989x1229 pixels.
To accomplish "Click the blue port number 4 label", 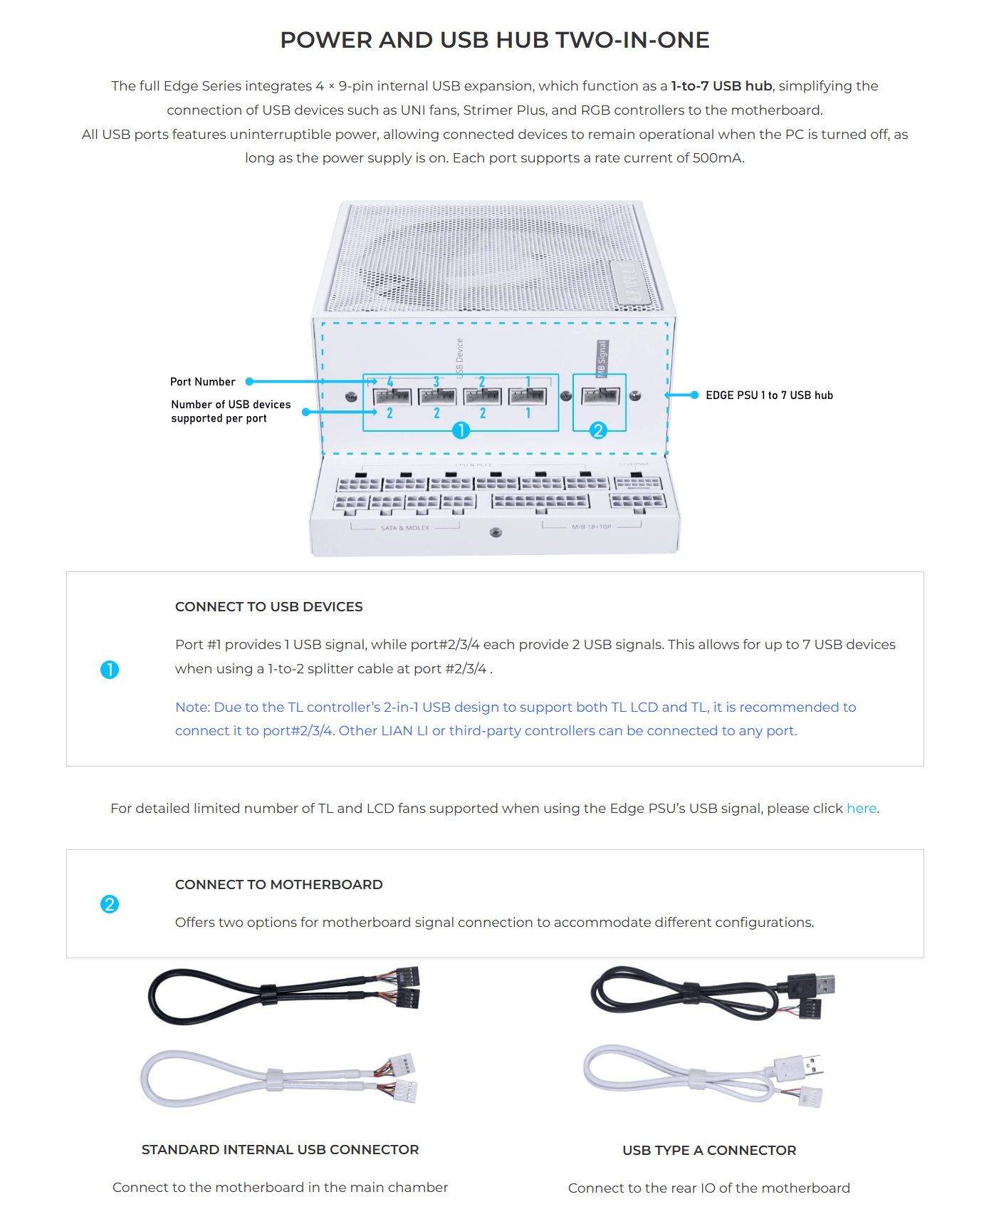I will pyautogui.click(x=390, y=383).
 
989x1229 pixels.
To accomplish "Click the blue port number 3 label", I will pyautogui.click(x=436, y=383).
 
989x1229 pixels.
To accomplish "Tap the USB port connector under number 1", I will pyautogui.click(x=528, y=396).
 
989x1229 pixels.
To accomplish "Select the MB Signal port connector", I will pyautogui.click(x=600, y=395).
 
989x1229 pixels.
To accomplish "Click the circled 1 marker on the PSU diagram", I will pyautogui.click(x=461, y=430).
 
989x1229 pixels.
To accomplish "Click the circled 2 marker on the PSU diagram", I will pyautogui.click(x=598, y=430).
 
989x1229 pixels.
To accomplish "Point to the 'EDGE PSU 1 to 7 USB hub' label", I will pyautogui.click(x=769, y=395).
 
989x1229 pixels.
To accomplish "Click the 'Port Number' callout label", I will pyautogui.click(x=203, y=382).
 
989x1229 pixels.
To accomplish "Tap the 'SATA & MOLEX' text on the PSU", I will pyautogui.click(x=405, y=528).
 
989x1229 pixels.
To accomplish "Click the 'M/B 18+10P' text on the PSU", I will pyautogui.click(x=591, y=527).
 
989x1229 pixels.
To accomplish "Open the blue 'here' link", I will pyautogui.click(x=861, y=808).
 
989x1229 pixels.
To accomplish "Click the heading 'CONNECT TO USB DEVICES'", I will pyautogui.click(x=268, y=606).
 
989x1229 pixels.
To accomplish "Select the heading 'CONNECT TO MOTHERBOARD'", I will pyautogui.click(x=278, y=884).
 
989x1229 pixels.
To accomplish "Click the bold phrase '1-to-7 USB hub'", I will pyautogui.click(x=721, y=85).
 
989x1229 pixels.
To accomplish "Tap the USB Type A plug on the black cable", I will pyautogui.click(x=819, y=985).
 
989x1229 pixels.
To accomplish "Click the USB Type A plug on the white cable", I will pyautogui.click(x=807, y=1066).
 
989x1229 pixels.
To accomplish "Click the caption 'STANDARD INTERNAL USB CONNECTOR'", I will pyautogui.click(x=280, y=1149).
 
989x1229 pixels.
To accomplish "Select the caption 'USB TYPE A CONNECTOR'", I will pyautogui.click(x=709, y=1150).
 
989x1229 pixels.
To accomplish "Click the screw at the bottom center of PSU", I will pyautogui.click(x=496, y=533).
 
